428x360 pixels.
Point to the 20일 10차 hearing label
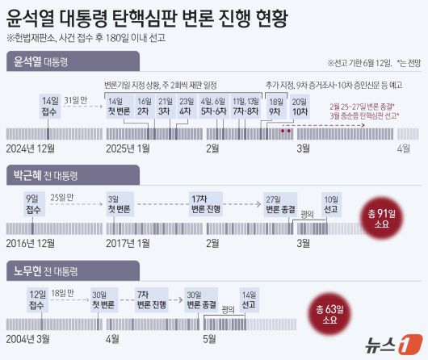coord(300,106)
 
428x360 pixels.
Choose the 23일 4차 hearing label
coord(187,106)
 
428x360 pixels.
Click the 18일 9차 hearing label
coord(275,106)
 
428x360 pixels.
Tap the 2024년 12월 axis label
coord(31,148)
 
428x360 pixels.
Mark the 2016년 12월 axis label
coord(31,242)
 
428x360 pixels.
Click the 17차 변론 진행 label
coord(200,203)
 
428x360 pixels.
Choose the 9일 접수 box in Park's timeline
coord(33,203)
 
